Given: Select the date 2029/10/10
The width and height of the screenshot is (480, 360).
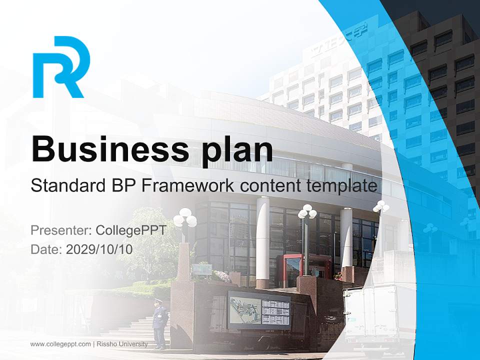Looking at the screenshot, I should click(99, 249).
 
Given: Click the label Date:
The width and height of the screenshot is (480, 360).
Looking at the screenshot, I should click(46, 249).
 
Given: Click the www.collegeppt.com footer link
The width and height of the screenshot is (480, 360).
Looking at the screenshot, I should click(60, 344).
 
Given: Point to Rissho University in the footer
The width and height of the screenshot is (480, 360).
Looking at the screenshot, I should click(122, 344).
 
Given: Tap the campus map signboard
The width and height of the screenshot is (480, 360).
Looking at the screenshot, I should click(259, 310).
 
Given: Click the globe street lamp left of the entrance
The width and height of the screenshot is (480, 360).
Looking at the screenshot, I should click(185, 220).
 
